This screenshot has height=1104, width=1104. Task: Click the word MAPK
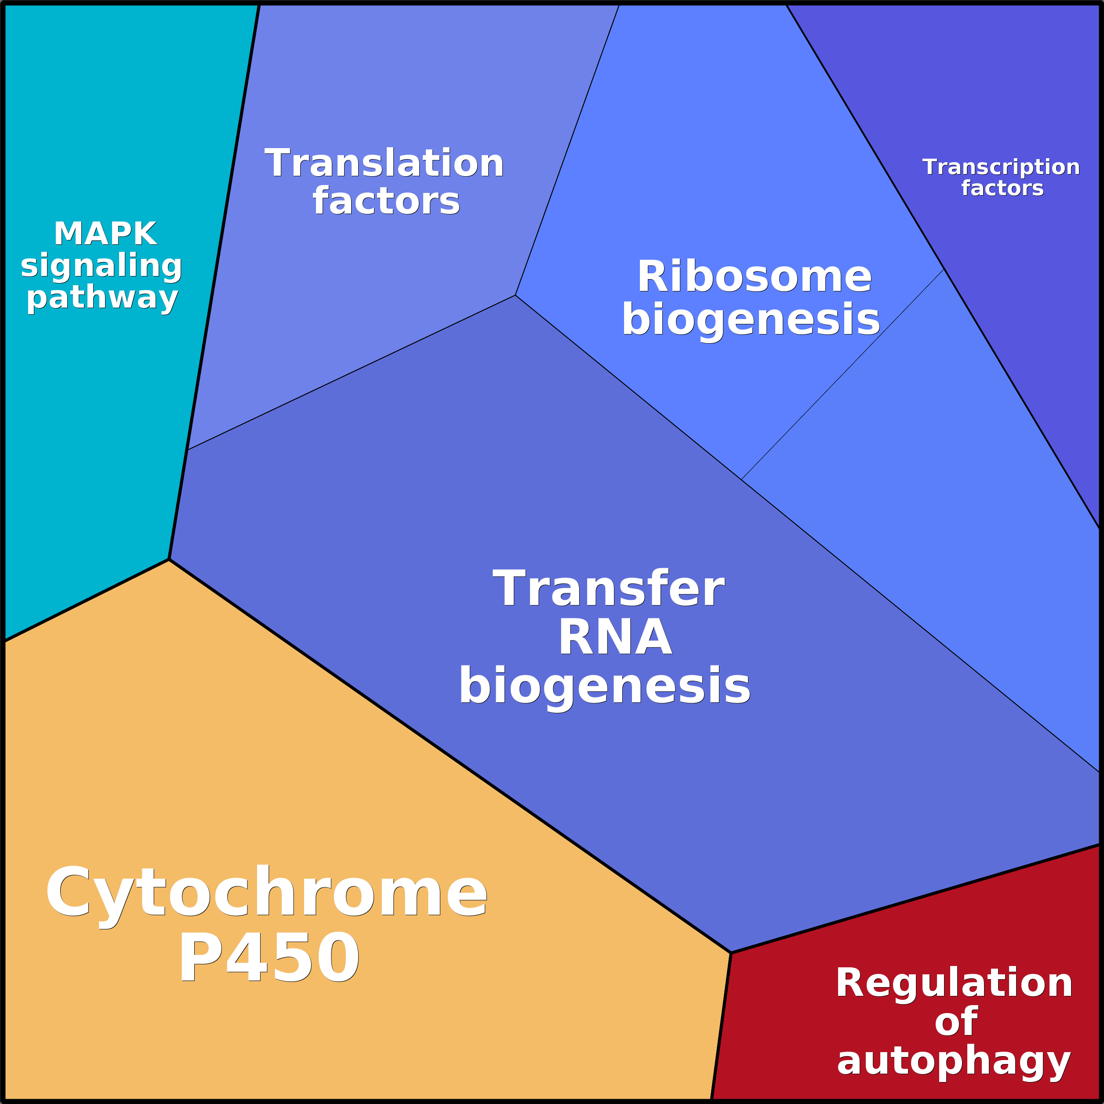(x=106, y=234)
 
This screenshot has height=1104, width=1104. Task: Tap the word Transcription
(x=1001, y=167)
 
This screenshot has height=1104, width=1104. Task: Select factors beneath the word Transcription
(x=1002, y=188)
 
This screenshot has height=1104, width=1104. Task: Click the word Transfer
(x=609, y=589)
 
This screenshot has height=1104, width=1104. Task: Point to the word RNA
(x=615, y=638)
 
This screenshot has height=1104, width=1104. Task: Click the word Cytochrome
(x=266, y=893)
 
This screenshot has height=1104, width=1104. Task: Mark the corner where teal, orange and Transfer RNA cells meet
(x=169, y=559)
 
